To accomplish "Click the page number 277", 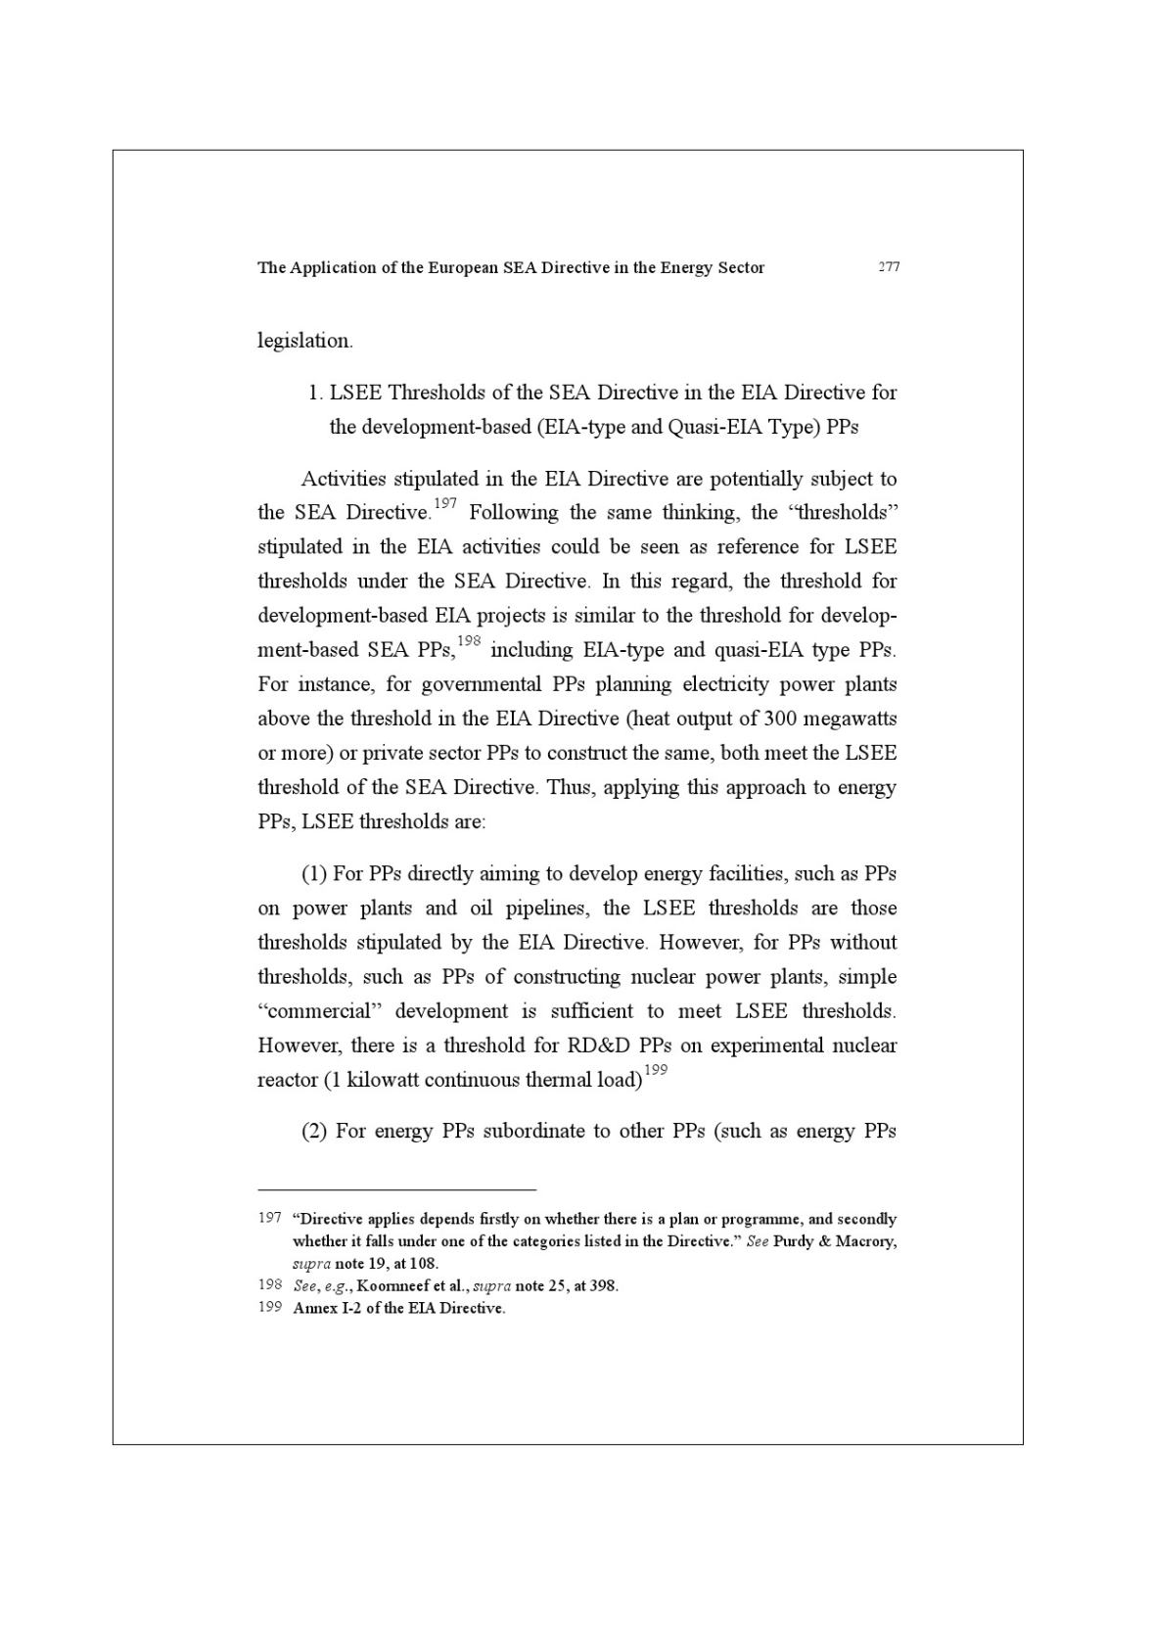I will (x=888, y=267).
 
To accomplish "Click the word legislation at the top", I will (x=304, y=341).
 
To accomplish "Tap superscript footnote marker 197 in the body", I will (x=445, y=503).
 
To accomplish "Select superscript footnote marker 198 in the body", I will (x=470, y=640).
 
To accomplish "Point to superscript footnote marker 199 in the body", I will (x=656, y=1070).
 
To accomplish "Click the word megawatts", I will (x=851, y=719).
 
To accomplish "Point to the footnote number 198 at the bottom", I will (x=269, y=1284).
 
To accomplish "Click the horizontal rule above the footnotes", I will (x=396, y=1189).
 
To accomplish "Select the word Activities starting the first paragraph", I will (x=344, y=479).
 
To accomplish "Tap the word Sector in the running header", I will (x=741, y=267).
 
